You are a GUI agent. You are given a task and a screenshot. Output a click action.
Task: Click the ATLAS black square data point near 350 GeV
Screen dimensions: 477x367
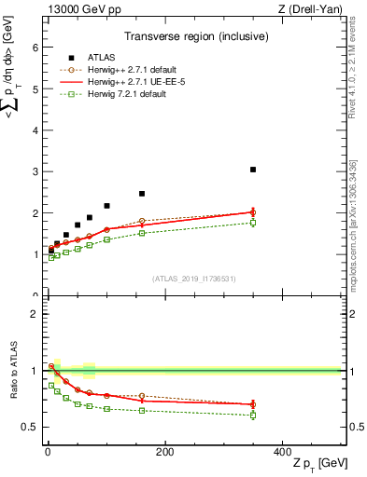pos(253,170)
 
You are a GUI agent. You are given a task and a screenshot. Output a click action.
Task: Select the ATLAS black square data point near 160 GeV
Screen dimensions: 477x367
pos(142,194)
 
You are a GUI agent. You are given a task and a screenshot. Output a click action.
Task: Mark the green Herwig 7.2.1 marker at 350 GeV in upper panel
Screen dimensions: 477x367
pos(253,223)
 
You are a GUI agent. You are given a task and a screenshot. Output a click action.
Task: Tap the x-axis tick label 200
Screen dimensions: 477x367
pos(164,452)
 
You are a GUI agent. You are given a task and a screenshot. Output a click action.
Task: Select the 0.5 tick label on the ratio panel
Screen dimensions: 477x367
pos(30,427)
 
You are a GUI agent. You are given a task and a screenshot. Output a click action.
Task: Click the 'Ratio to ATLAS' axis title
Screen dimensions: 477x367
pos(14,369)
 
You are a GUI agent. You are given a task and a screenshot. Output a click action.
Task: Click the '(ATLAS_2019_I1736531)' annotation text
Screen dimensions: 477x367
pos(193,278)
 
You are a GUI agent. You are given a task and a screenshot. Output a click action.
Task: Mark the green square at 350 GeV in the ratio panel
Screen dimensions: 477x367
pos(253,415)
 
